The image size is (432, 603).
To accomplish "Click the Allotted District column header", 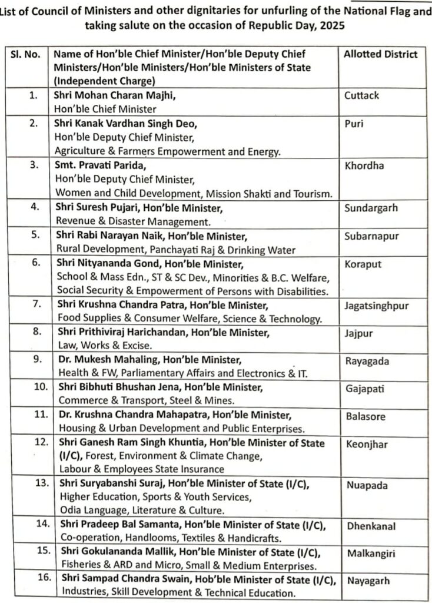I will point(381,54).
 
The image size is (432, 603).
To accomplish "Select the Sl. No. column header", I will point(26,54).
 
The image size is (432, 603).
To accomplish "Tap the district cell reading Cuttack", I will point(362,95).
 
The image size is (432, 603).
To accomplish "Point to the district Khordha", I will point(364,166).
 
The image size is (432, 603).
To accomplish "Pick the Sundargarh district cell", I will point(371,208).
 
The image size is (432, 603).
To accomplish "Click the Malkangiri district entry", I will point(370,554).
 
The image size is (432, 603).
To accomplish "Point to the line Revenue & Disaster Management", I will point(133,221).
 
